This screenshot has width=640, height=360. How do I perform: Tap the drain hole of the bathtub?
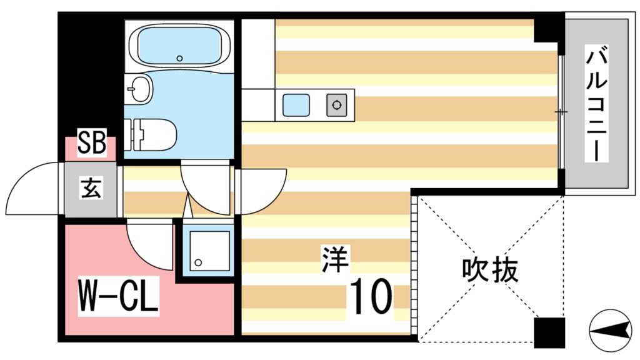pos(179,58)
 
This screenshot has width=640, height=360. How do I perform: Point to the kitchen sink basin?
pos(296,104)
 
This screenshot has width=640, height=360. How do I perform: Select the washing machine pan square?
pos(206,249)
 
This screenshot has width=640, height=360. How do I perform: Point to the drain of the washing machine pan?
pos(199,262)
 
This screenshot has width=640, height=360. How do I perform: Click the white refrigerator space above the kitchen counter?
pos(257,53)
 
